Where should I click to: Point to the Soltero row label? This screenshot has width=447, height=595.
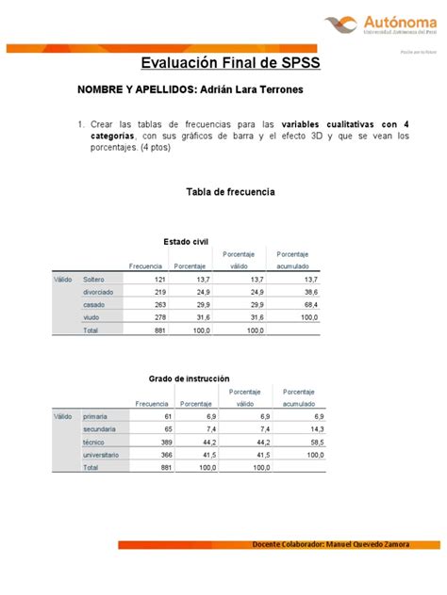point(94,280)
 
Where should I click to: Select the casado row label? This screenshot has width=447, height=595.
point(94,306)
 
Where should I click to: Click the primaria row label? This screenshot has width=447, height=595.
point(96,415)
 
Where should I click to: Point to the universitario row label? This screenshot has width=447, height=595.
point(101,455)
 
